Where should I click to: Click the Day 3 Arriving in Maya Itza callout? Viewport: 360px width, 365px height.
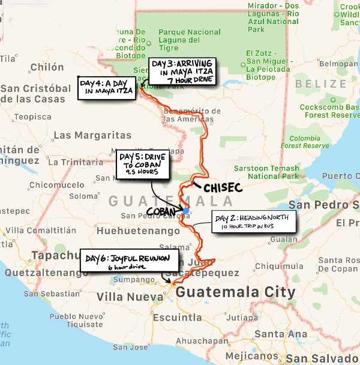[x=183, y=71]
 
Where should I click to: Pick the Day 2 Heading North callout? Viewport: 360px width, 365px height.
[x=254, y=222]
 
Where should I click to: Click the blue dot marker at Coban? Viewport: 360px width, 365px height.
[x=186, y=211]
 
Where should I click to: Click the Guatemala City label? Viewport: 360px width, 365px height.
[x=235, y=293]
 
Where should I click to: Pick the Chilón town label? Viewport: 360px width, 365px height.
[x=47, y=67]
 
